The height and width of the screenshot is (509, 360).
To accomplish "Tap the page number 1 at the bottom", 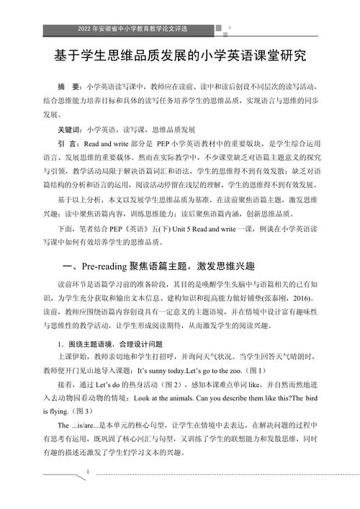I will point(88,472).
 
